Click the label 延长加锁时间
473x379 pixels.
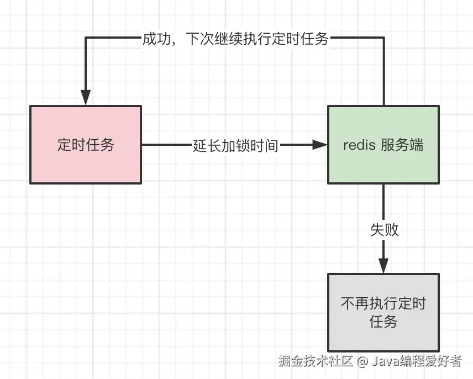[x=235, y=145]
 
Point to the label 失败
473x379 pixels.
[x=384, y=230]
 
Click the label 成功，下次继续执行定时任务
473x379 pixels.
[x=235, y=39]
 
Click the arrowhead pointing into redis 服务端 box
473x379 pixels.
[x=320, y=145]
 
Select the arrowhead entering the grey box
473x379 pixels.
[x=383, y=266]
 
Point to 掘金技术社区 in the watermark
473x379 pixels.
[x=316, y=362]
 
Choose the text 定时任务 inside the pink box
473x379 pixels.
[x=86, y=145]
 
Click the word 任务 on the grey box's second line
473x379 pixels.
[x=383, y=322]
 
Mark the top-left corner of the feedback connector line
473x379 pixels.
[x=86, y=38]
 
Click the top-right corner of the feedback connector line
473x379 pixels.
[x=383, y=38]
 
